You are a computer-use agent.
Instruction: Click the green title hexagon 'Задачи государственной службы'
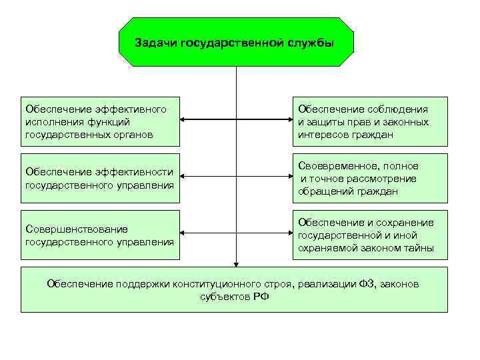[x=236, y=42]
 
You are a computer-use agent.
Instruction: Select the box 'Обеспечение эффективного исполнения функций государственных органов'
[x=101, y=121]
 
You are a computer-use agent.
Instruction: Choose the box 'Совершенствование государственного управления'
[x=101, y=235]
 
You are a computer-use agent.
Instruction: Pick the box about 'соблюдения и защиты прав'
[x=371, y=121]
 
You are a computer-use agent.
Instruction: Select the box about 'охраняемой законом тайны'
[x=371, y=235]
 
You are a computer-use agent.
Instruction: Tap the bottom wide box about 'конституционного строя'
[x=234, y=290]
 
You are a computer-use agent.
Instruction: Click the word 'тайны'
[x=419, y=248]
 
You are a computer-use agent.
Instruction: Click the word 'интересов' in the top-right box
[x=322, y=135]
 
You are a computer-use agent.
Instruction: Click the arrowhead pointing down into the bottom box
[x=236, y=263]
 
